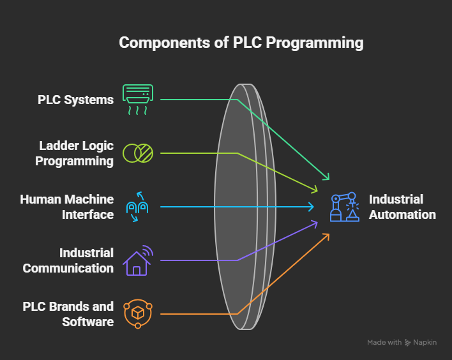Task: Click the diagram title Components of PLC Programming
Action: [241, 43]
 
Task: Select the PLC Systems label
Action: [75, 100]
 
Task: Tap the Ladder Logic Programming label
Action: [74, 153]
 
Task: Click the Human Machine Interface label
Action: [67, 207]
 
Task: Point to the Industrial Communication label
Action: [68, 260]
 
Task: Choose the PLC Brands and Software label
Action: [68, 314]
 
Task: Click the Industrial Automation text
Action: [402, 207]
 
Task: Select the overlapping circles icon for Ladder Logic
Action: [138, 153]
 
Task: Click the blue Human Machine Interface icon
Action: [138, 207]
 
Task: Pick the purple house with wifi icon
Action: [138, 260]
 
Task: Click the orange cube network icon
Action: [138, 314]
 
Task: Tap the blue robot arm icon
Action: [343, 207]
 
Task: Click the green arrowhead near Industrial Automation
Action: [328, 177]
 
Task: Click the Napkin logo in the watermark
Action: [409, 343]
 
